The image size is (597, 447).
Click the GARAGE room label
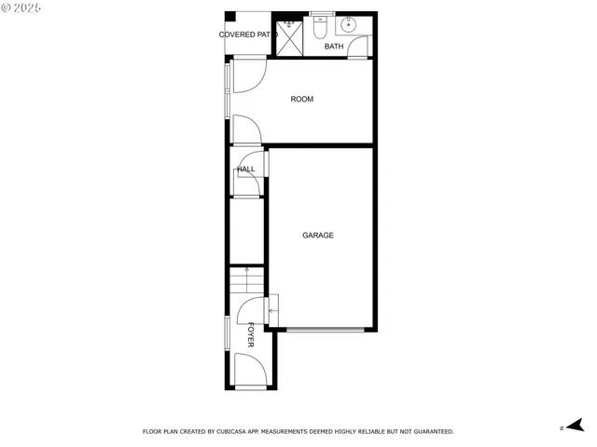(317, 236)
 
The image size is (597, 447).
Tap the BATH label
(334, 47)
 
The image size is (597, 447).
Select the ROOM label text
(301, 100)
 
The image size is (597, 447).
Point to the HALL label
(246, 169)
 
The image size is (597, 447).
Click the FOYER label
(251, 335)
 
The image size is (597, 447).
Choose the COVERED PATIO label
(248, 35)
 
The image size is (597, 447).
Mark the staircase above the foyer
(247, 278)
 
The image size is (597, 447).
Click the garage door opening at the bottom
(325, 330)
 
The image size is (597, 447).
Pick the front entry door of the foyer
(250, 375)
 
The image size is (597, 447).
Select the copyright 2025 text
(21, 7)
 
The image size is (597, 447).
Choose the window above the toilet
(322, 14)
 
